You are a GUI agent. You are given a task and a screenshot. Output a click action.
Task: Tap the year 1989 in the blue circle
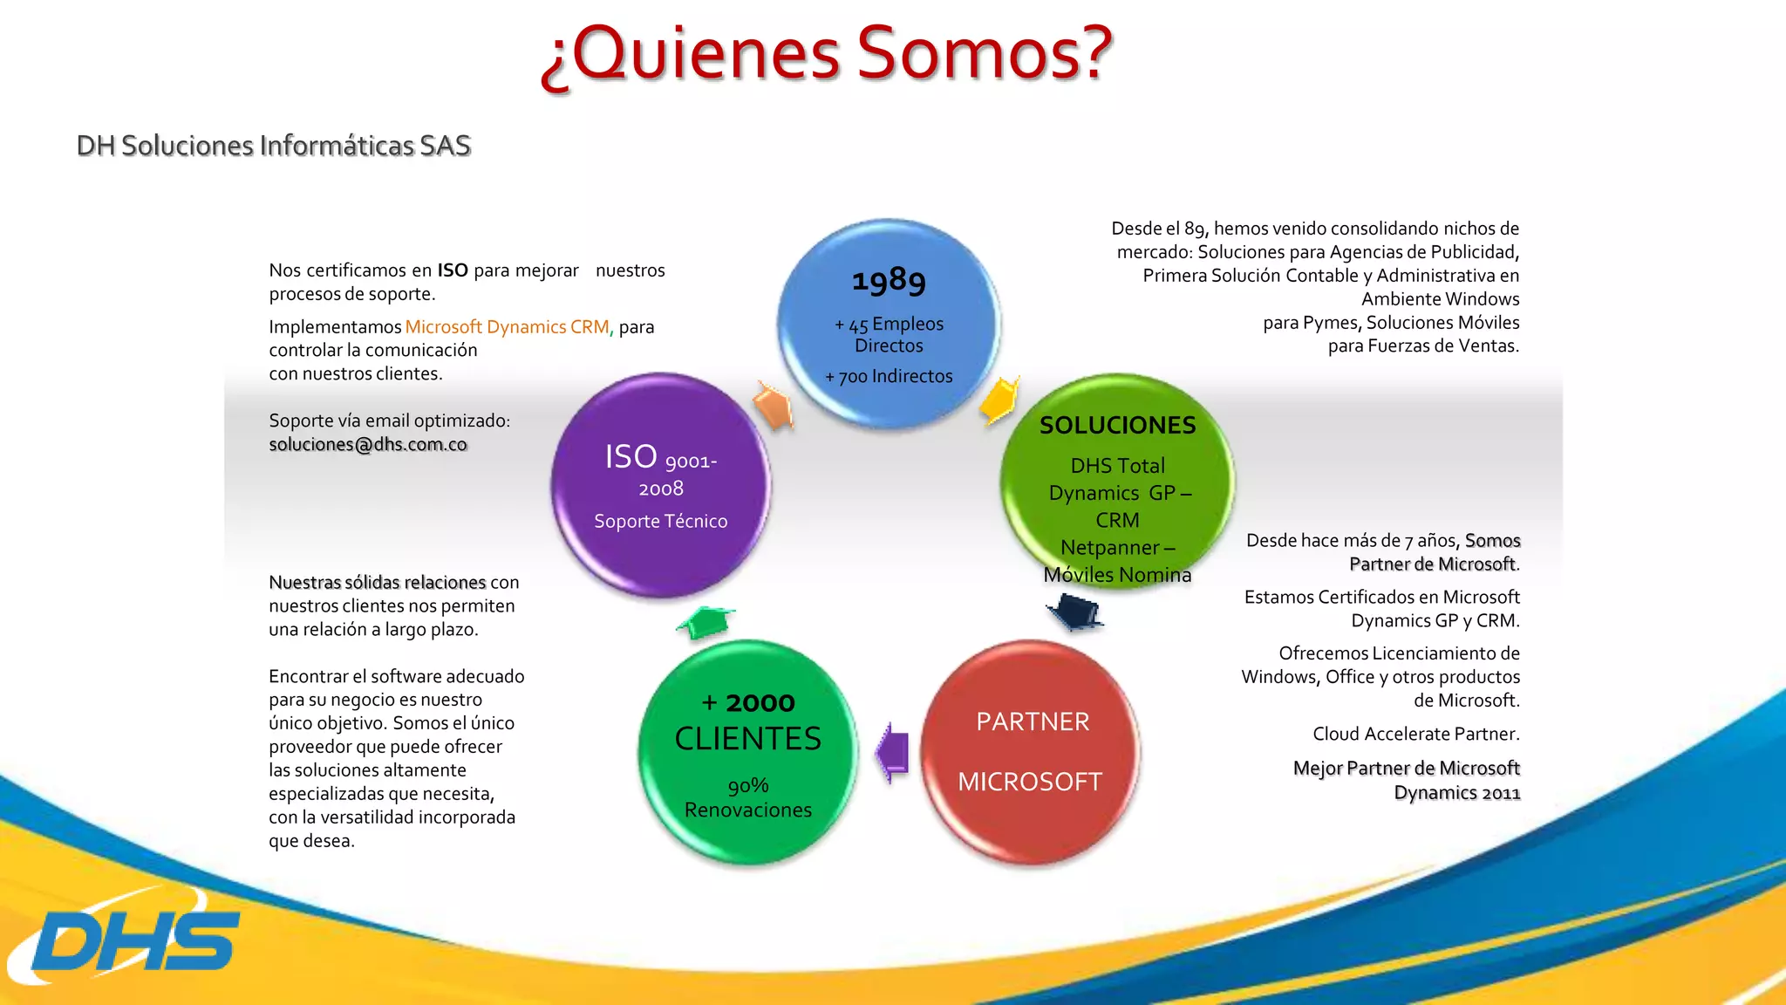[889, 280]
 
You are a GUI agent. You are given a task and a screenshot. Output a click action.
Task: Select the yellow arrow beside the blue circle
[999, 400]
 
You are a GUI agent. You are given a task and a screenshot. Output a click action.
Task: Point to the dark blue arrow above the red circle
[1075, 611]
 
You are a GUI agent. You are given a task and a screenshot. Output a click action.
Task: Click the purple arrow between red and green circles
[893, 752]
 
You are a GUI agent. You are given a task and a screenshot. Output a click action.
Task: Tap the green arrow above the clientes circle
[706, 621]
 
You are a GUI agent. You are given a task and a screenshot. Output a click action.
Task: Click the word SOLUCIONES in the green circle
[1117, 425]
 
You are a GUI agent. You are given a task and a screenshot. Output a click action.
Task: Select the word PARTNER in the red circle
[1033, 721]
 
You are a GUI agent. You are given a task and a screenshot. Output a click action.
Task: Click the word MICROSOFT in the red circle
[1030, 782]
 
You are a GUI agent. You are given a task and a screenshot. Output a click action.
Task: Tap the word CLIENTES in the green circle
[747, 739]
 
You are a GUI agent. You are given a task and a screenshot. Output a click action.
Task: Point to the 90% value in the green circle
[748, 785]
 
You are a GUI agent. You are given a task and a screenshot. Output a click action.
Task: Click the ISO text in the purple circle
[631, 457]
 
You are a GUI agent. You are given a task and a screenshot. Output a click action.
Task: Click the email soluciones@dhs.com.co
[368, 444]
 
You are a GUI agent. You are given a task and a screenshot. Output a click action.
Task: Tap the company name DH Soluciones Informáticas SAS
[273, 146]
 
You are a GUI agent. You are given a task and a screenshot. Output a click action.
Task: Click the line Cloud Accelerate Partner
[1415, 734]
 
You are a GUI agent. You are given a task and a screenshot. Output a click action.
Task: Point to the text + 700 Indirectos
[889, 376]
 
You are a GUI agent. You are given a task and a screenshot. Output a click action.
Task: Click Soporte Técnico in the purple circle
[660, 521]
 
